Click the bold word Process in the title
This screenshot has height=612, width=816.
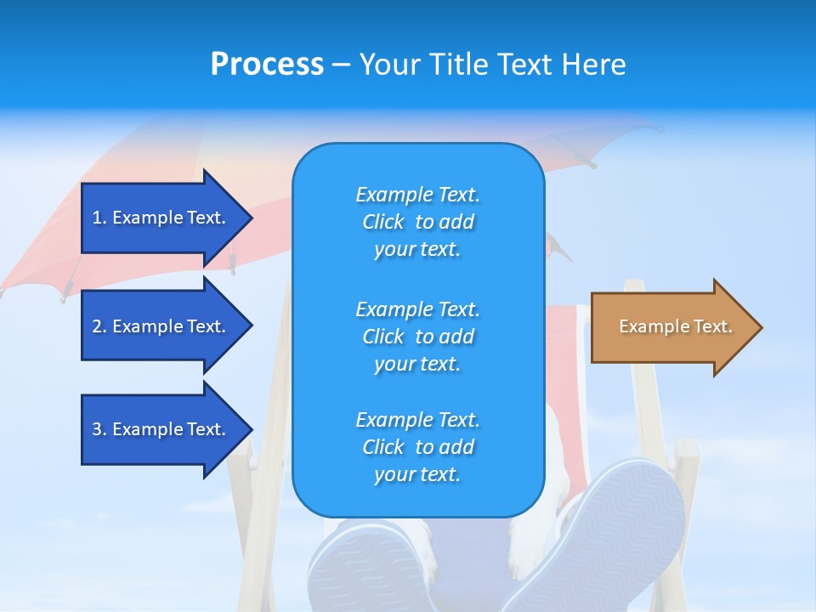point(267,65)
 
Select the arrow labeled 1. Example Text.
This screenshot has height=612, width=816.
point(161,218)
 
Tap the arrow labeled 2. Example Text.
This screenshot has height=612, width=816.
point(161,326)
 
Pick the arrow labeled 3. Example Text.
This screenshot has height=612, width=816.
point(161,429)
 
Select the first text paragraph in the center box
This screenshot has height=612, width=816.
point(417,222)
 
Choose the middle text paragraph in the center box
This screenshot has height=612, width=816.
point(417,337)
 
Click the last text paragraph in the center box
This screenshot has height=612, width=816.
point(417,447)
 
